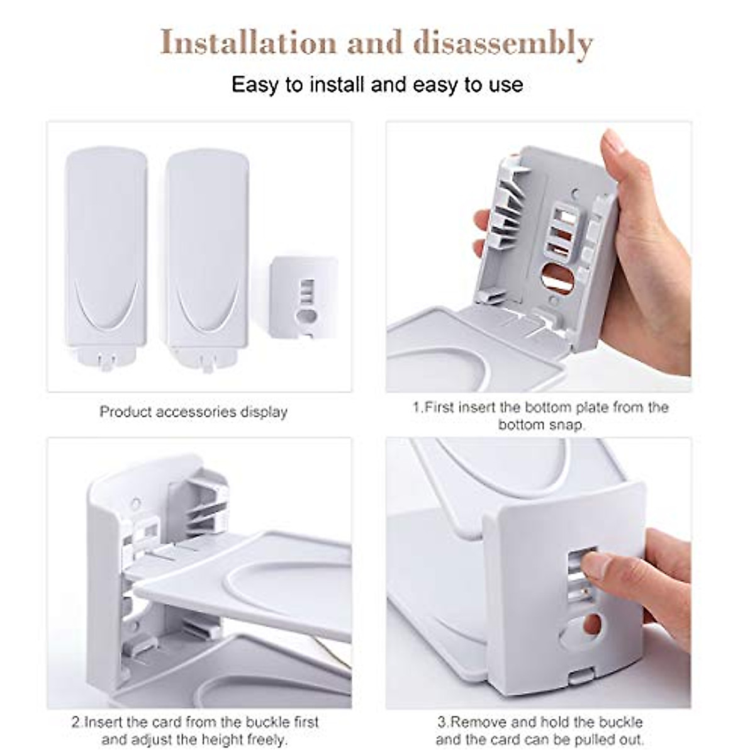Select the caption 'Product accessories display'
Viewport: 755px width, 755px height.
coord(193,412)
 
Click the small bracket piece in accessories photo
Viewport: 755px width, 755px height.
coord(303,295)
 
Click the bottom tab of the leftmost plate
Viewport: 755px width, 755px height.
coord(105,360)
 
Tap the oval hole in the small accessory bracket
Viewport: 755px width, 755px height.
coord(307,315)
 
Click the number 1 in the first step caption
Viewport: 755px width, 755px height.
coord(416,407)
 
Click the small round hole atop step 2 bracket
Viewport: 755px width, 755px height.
coord(135,503)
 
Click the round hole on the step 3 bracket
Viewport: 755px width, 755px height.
coord(592,624)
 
